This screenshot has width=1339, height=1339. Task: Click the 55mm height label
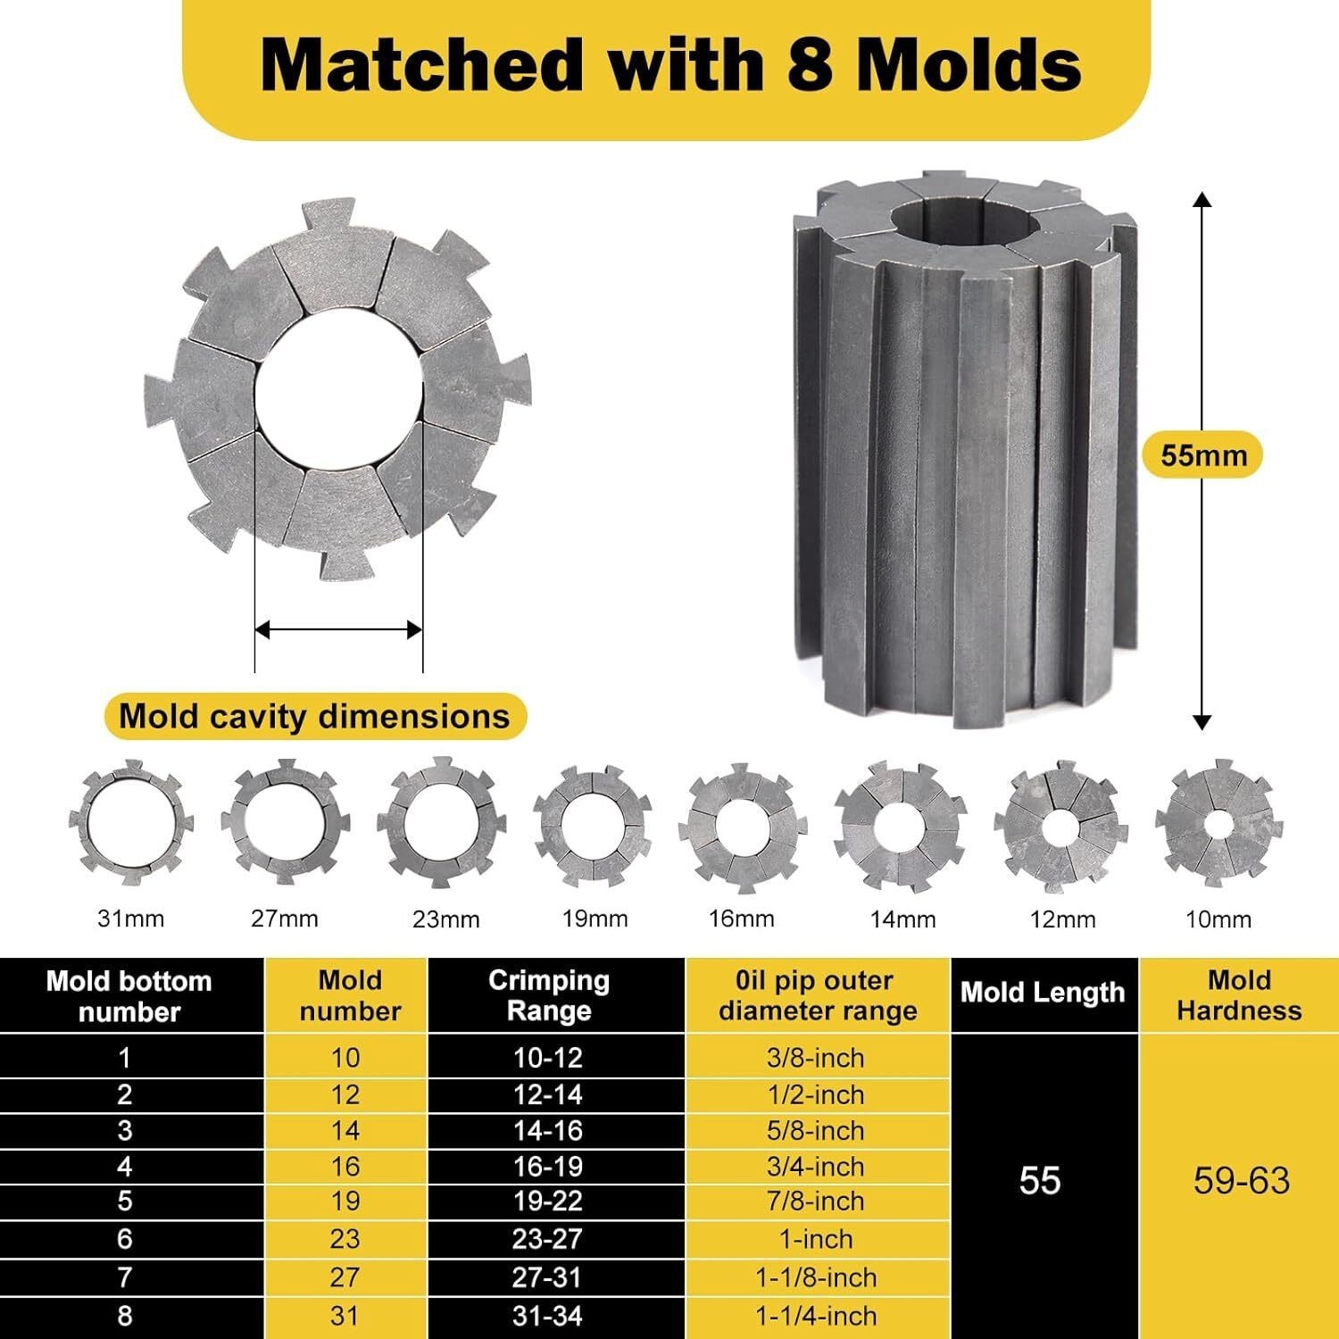1202,455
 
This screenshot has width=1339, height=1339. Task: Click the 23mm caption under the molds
445,919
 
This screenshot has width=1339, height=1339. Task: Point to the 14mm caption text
902,919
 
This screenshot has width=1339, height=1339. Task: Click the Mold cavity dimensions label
314,717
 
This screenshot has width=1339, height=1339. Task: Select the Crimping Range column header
548,995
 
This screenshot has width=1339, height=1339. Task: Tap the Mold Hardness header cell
1238,995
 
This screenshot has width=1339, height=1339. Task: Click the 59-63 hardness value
1241,1181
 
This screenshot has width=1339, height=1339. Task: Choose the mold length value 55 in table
1040,1181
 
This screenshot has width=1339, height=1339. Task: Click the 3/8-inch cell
815,1058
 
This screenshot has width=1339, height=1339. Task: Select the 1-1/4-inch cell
815,1316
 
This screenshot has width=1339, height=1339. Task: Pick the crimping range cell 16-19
548,1167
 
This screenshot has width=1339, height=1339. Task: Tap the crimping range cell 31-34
548,1316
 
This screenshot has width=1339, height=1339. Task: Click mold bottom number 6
125,1239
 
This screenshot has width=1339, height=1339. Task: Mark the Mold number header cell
349,995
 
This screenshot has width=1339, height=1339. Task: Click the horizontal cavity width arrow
338,630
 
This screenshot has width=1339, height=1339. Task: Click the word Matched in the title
420,64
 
